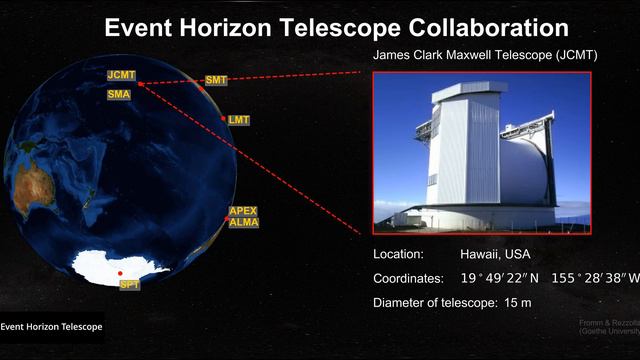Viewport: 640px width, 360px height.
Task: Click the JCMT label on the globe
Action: point(122,75)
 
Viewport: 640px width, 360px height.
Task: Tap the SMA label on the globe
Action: point(118,94)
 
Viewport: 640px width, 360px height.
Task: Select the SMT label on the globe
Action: point(216,80)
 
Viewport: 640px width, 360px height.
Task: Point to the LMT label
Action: point(238,120)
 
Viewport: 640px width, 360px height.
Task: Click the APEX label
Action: point(243,211)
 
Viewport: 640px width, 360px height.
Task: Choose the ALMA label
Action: point(243,222)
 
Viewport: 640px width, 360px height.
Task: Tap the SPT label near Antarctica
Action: point(129,286)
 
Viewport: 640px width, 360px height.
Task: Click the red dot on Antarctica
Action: point(120,273)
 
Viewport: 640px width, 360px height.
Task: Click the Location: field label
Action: point(398,254)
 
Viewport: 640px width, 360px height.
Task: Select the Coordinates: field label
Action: point(408,278)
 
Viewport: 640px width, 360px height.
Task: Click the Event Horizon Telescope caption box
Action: point(51,326)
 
